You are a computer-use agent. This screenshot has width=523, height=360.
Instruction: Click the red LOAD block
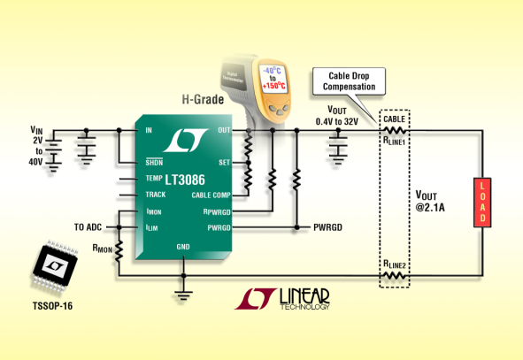coord(482,203)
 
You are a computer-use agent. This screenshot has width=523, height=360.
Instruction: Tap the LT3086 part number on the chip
coord(185,180)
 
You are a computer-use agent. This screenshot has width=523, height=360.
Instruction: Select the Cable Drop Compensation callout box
coord(349,81)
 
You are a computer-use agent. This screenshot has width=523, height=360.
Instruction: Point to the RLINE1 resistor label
coord(394,141)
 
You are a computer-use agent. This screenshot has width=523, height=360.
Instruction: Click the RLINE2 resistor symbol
coord(394,276)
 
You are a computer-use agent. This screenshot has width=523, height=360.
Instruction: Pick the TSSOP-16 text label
coord(52,306)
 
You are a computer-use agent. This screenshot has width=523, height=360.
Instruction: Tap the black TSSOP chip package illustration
coord(55,265)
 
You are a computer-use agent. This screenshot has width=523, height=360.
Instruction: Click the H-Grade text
coord(203,99)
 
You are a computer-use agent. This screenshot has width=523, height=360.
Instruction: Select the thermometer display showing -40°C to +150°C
coord(273,79)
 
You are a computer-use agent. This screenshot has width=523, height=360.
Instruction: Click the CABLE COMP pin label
coord(211,195)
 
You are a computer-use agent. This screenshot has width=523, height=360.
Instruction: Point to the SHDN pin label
coord(154,162)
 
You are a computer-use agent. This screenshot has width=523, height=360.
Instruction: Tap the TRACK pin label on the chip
coord(156,195)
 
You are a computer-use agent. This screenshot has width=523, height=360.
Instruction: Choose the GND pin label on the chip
coord(183,247)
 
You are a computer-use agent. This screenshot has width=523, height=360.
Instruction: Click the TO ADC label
coord(88,227)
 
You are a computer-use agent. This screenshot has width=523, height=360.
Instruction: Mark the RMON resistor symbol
coord(119,250)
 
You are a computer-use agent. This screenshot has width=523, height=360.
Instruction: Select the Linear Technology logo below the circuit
coord(282,299)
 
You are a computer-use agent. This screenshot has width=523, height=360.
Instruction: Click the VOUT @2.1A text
coord(430,201)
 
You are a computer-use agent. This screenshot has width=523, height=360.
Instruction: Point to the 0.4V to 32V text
coord(337,122)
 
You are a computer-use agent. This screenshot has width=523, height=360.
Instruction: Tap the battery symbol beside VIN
coord(53,154)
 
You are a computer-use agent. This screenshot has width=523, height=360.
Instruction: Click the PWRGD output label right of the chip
coord(327,227)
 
